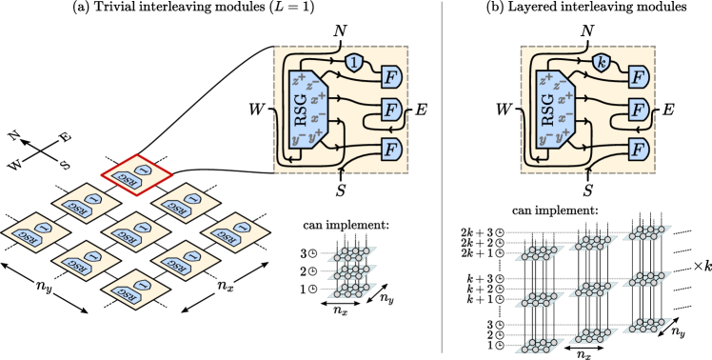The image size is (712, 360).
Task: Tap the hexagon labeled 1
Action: [354, 64]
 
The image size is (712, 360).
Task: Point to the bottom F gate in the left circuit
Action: [390, 149]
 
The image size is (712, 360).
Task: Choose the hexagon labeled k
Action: [601, 64]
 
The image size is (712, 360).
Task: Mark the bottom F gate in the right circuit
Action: [637, 149]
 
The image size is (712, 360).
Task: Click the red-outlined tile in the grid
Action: [138, 174]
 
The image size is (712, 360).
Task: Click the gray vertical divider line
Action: [443, 181]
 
